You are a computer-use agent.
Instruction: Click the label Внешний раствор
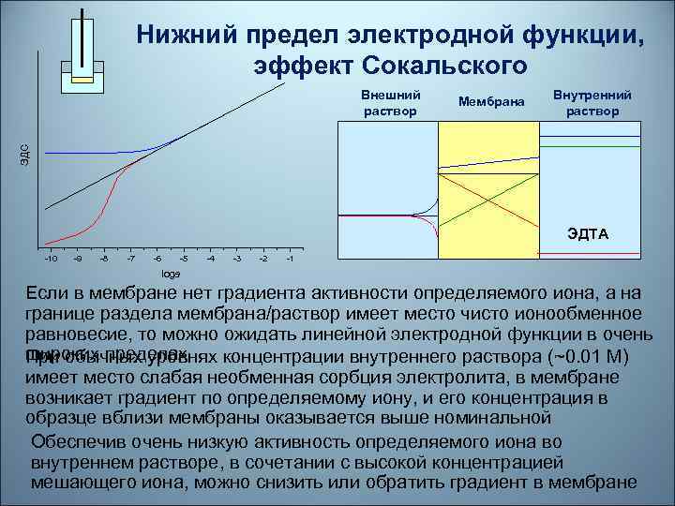point(390,103)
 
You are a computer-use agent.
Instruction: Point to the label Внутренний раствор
point(592,103)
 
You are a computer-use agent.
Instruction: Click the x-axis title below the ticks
point(171,274)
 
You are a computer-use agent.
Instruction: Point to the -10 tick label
point(51,258)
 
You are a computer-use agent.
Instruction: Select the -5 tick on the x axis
point(185,258)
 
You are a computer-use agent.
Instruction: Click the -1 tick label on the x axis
point(292,258)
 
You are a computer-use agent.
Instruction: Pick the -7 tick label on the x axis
point(131,258)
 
